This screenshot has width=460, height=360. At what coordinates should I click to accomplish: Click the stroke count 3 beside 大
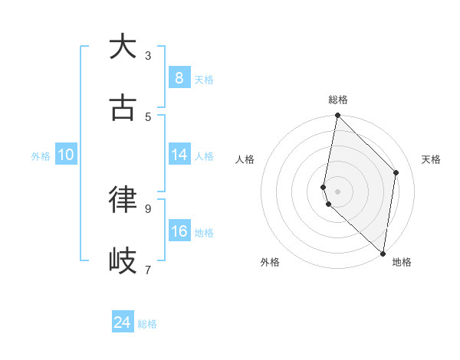[148, 55]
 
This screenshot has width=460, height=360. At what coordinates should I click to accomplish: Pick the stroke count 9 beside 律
[148, 208]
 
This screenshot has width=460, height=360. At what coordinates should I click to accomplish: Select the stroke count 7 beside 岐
[148, 269]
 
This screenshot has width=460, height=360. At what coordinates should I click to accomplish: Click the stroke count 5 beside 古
[148, 116]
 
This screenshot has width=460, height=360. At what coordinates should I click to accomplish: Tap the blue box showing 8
[179, 78]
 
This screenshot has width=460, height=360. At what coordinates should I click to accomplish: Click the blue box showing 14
[179, 155]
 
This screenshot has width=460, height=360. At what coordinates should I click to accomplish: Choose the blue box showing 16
[179, 231]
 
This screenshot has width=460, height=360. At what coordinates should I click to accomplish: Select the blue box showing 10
[66, 155]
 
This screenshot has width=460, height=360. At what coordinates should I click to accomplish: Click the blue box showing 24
[123, 322]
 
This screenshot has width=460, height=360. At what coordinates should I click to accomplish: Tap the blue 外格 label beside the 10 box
[41, 156]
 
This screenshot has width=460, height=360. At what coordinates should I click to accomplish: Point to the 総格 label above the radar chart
[338, 100]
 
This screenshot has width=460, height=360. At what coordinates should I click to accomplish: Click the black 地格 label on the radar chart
[402, 262]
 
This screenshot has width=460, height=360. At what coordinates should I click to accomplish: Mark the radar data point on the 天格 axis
[396, 172]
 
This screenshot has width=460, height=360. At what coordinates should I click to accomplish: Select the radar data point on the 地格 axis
[383, 253]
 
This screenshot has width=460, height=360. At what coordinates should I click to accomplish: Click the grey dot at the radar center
[338, 191]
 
